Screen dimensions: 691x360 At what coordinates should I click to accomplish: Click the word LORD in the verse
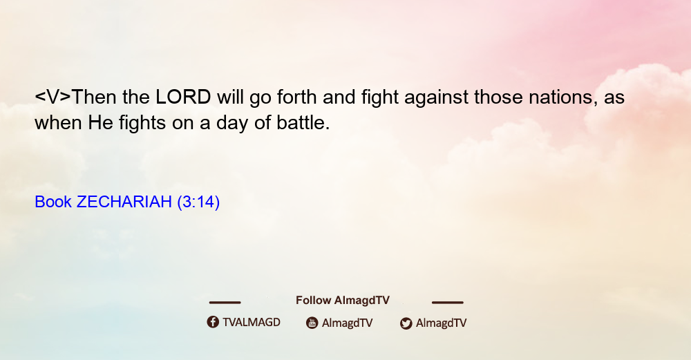pos(183,97)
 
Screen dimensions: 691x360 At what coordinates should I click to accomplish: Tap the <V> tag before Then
pos(53,97)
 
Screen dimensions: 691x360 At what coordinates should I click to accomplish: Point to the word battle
pos(303,122)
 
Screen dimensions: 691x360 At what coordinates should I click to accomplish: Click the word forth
pos(297,97)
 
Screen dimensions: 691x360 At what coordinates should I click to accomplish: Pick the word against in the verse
pos(436,98)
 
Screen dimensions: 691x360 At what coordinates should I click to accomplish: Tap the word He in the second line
pos(101,122)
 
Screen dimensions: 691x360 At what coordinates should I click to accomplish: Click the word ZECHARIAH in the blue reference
pos(124,202)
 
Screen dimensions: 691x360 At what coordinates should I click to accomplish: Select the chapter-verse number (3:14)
pos(198,202)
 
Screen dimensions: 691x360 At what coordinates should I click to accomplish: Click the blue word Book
pos(53,202)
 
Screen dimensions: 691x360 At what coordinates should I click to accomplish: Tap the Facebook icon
pos(213,322)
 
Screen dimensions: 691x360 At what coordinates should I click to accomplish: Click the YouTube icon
pos(312,323)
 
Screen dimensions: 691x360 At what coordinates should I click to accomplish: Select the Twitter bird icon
pos(406,323)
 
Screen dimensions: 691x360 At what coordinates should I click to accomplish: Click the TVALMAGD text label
pos(252,322)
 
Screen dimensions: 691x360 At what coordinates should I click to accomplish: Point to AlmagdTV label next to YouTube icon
pos(348,323)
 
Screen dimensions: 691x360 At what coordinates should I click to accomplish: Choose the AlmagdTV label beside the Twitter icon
pos(441,323)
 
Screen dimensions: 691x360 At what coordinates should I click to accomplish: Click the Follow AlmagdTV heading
pos(343,300)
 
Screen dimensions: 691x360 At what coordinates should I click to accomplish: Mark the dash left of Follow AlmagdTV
pos(225,302)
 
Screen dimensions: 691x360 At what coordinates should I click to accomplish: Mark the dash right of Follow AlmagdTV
pos(448,302)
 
